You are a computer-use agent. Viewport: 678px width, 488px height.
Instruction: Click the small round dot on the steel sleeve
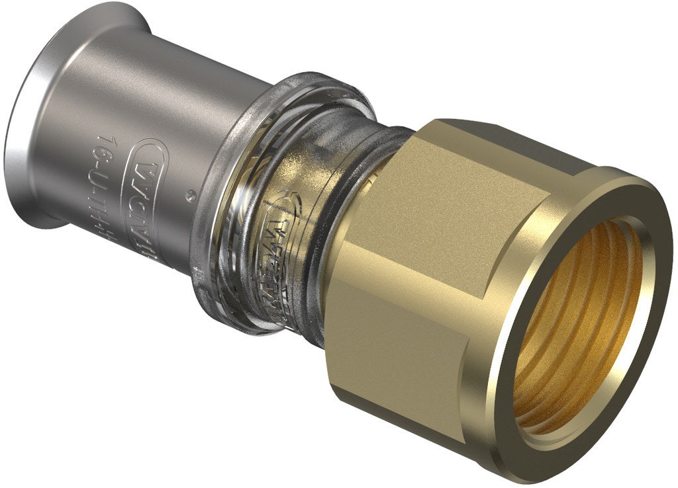click(x=191, y=194)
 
